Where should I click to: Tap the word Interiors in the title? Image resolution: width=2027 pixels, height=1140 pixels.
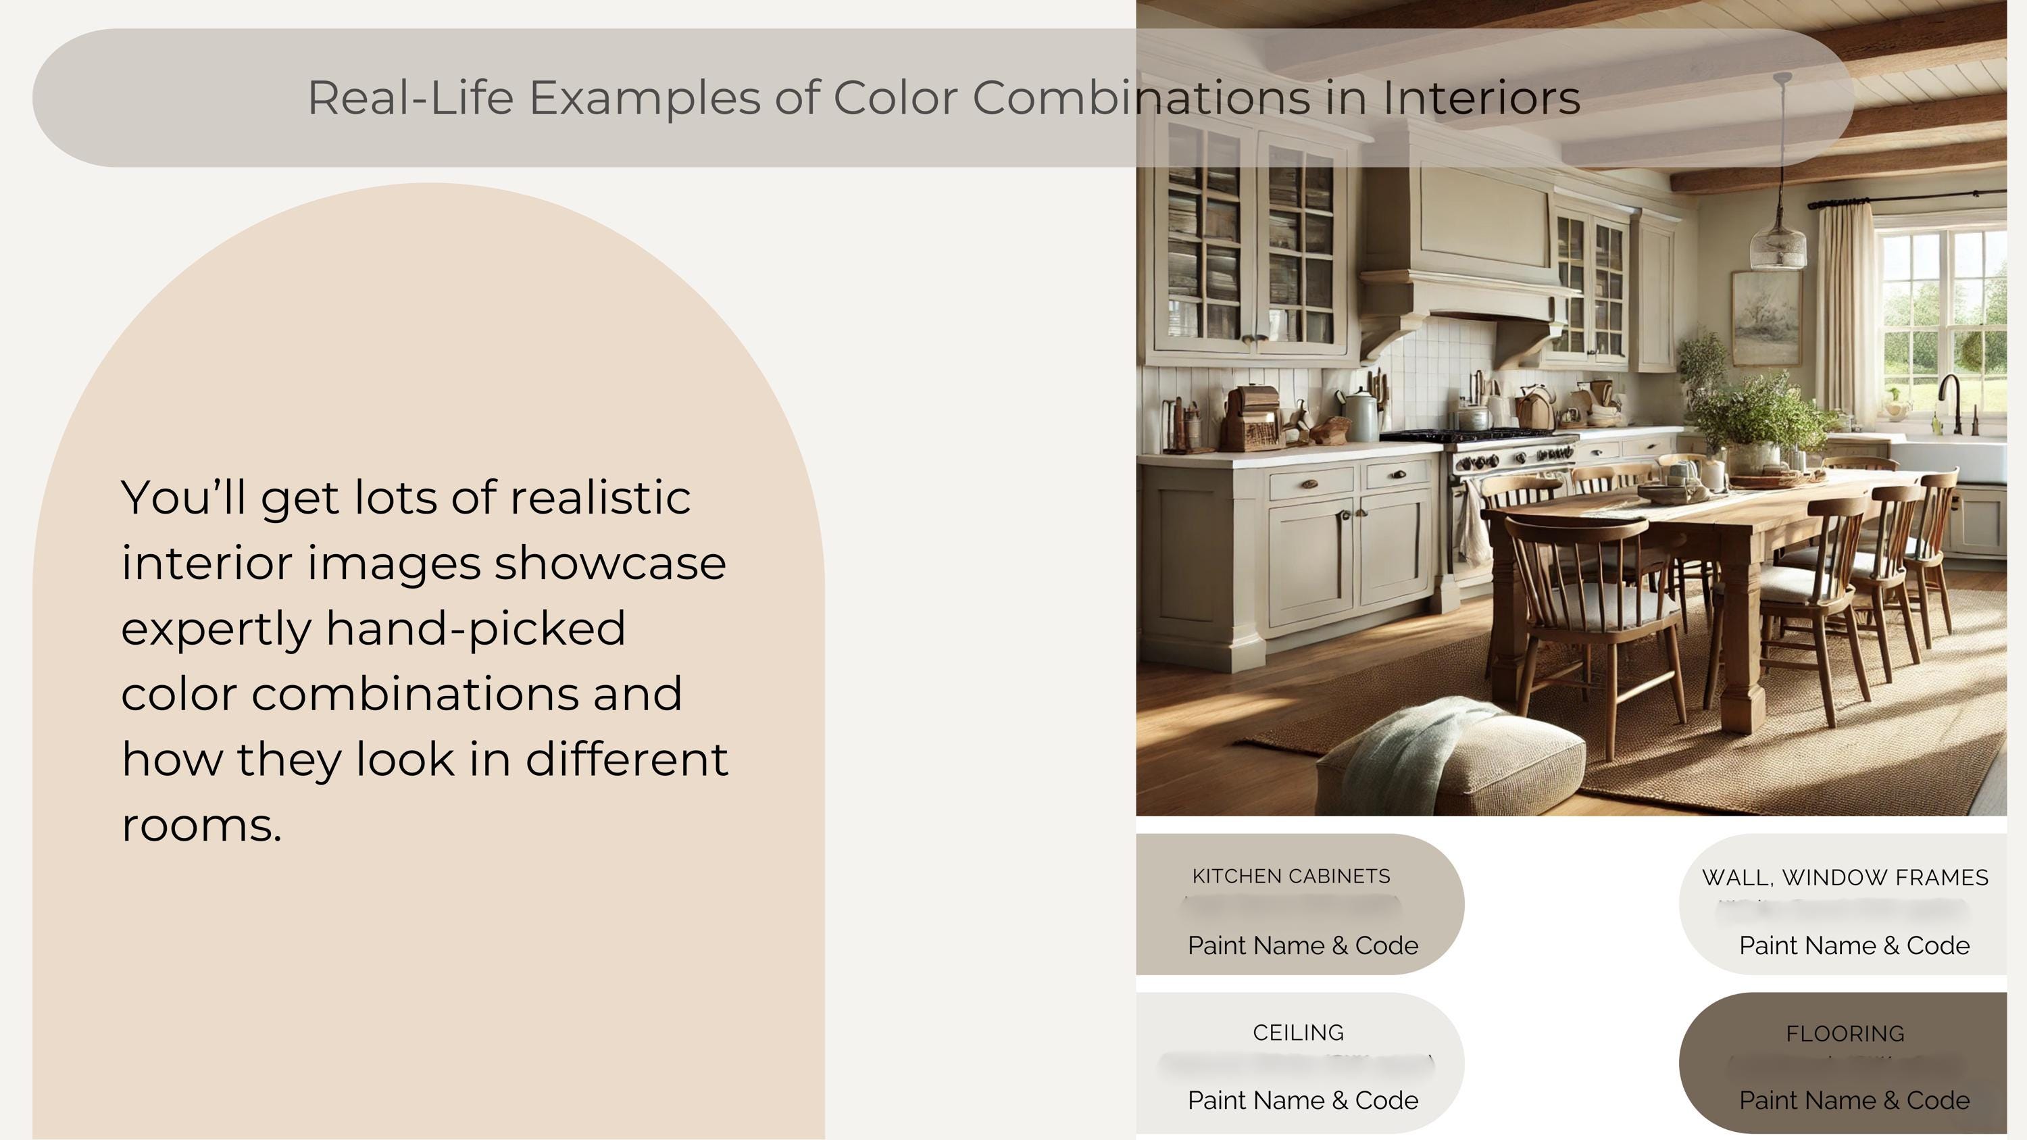(x=1481, y=99)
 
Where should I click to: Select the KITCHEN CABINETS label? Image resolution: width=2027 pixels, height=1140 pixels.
(x=1291, y=876)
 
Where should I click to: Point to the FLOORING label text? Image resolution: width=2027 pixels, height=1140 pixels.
(x=1845, y=1033)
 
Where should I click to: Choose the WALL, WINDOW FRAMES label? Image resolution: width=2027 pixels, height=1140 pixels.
(x=1845, y=877)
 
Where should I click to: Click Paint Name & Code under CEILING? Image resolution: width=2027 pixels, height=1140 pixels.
(x=1302, y=1100)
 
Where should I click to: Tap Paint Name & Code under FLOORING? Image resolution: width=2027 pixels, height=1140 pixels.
(x=1854, y=1100)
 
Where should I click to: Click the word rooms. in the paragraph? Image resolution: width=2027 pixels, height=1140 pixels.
(x=201, y=825)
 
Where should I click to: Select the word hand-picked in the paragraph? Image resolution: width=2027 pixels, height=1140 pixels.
(x=475, y=628)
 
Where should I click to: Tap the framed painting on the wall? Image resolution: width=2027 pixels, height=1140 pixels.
(x=1766, y=317)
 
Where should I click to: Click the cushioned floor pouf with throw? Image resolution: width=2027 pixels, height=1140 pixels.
(x=1448, y=760)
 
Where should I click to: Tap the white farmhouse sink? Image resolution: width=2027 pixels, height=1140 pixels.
(x=1951, y=460)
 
